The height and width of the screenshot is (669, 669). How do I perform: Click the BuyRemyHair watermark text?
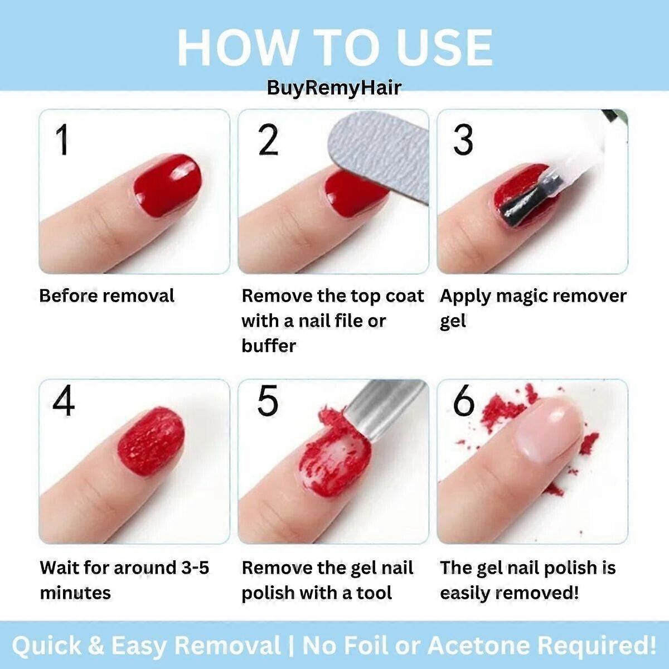tap(334, 88)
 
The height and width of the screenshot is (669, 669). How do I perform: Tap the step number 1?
tap(62, 140)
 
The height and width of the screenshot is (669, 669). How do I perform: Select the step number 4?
tap(64, 401)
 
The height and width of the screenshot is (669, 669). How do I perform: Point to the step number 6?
tap(463, 401)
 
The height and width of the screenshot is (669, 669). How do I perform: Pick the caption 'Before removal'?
tap(106, 295)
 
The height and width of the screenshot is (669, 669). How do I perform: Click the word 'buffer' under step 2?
tap(269, 346)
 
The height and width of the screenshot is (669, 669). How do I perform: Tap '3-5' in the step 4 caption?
tap(195, 568)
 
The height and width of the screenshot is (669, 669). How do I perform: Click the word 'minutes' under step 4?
tap(75, 593)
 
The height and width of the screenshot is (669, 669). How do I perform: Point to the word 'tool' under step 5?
tap(374, 593)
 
